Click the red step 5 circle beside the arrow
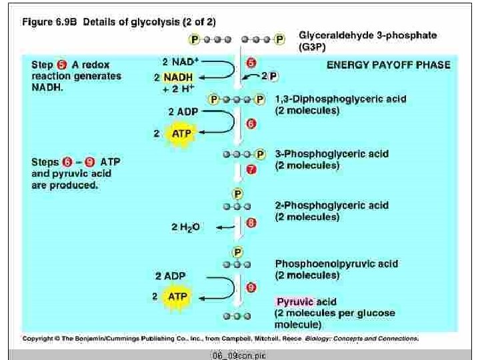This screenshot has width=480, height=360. click(x=251, y=63)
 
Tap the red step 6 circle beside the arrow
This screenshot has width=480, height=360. click(x=251, y=123)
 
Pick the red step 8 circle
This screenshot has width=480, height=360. click(x=251, y=224)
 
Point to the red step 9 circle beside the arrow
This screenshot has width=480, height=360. click(x=251, y=287)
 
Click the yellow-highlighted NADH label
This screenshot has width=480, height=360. click(x=178, y=77)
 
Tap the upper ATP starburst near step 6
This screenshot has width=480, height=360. click(x=180, y=133)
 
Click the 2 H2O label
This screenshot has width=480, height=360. click(x=185, y=227)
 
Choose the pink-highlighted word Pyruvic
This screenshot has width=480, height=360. click(x=295, y=301)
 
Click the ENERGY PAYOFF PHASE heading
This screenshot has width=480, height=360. click(x=388, y=65)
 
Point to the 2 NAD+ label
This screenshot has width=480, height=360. click(x=179, y=61)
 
